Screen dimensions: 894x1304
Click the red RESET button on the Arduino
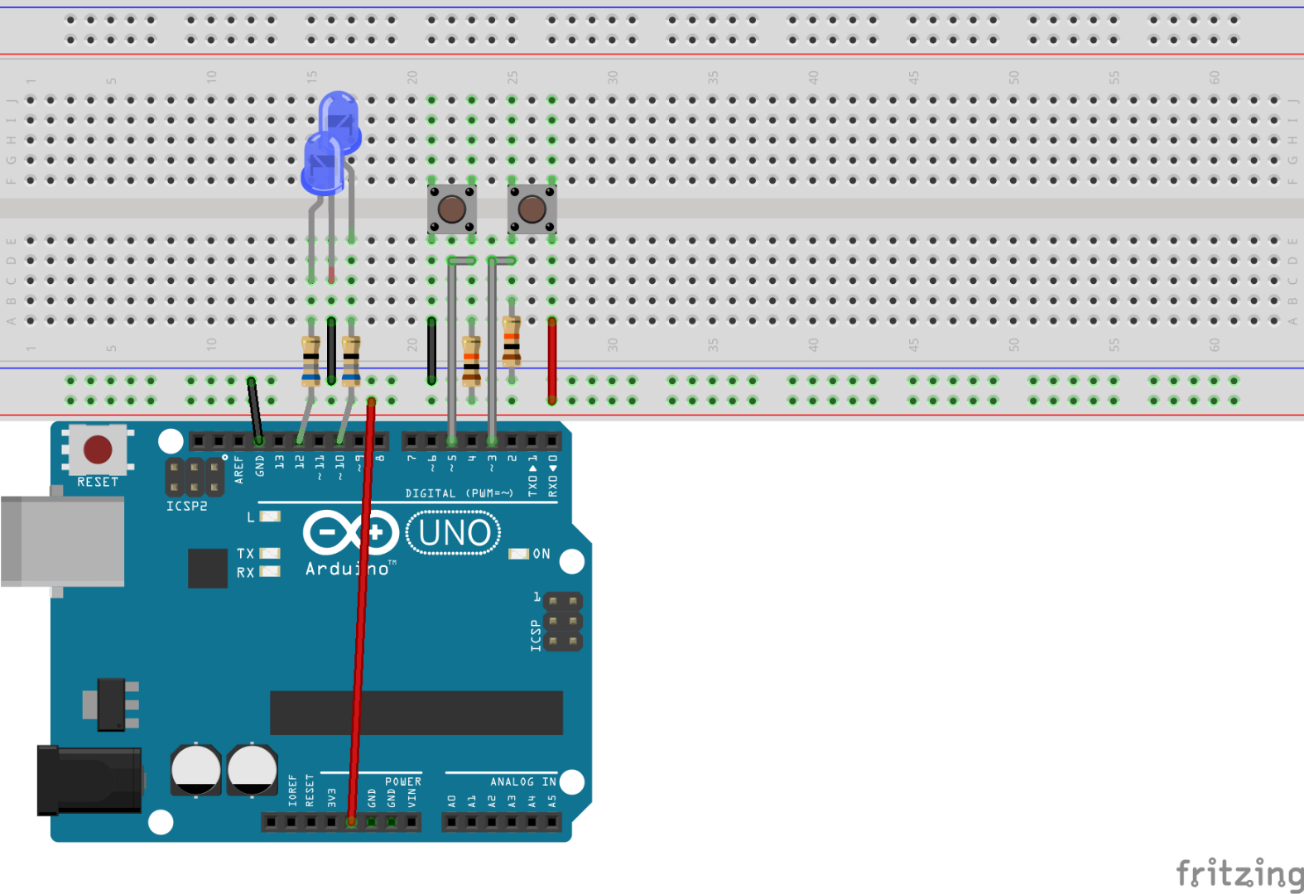(98, 449)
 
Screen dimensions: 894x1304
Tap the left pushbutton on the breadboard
(451, 209)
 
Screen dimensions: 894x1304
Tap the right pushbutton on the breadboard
(532, 209)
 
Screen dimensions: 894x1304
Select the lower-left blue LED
(322, 162)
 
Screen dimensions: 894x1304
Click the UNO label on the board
(454, 533)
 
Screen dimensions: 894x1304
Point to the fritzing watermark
(1239, 873)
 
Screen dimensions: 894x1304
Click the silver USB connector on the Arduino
(63, 541)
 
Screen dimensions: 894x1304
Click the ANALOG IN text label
(522, 781)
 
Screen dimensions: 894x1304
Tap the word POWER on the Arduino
(403, 781)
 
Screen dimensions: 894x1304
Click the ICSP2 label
(186, 506)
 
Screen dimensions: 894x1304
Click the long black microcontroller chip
(416, 713)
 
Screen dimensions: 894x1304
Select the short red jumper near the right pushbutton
(551, 360)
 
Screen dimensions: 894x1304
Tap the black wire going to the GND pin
(255, 410)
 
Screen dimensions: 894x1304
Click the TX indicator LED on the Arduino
(271, 553)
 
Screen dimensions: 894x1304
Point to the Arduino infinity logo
(351, 532)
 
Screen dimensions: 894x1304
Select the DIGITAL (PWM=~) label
(459, 493)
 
